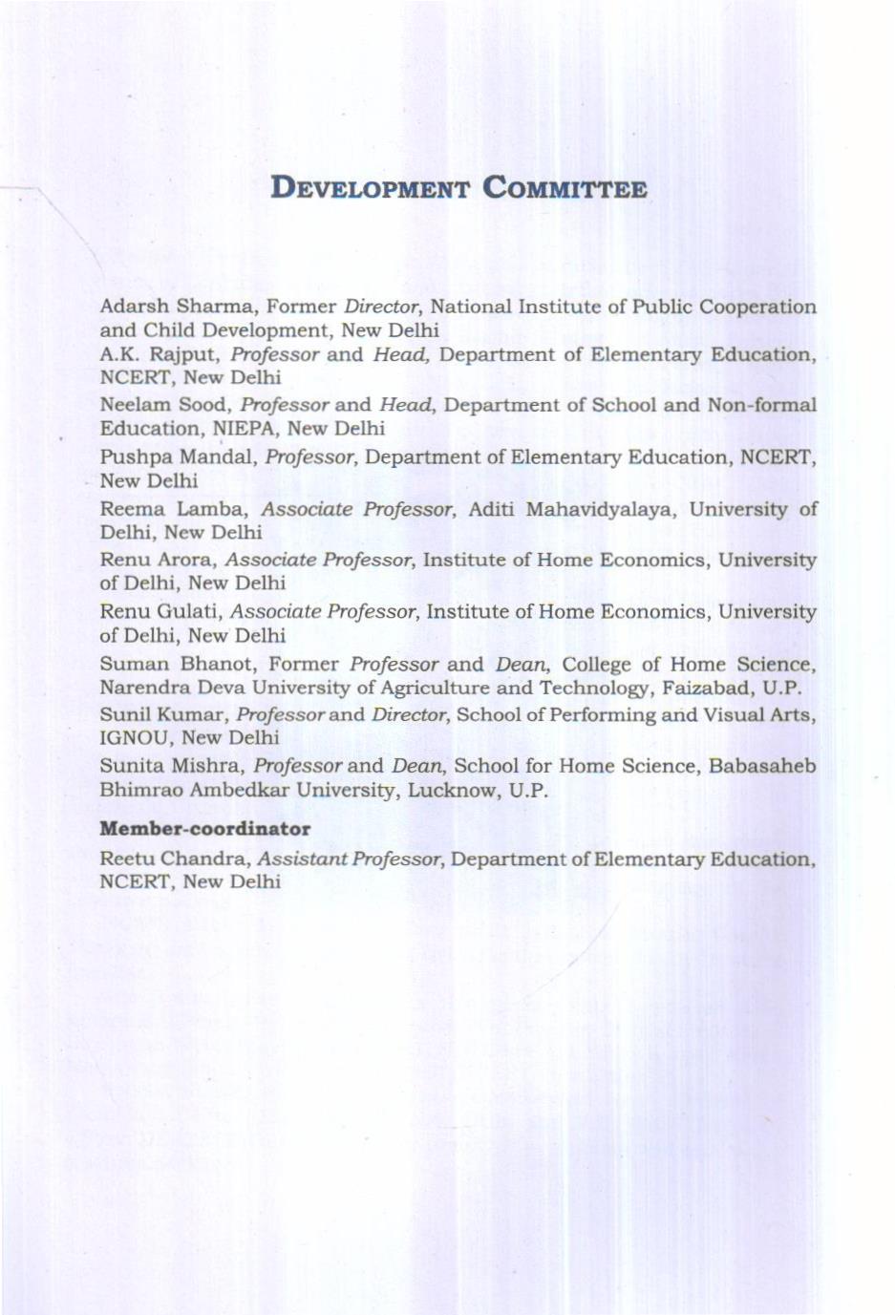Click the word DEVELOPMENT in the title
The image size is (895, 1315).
[x=371, y=186]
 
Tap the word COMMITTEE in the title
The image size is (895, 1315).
[x=565, y=186]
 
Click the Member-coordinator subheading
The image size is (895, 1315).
[x=205, y=829]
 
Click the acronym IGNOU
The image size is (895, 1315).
[x=135, y=737]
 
